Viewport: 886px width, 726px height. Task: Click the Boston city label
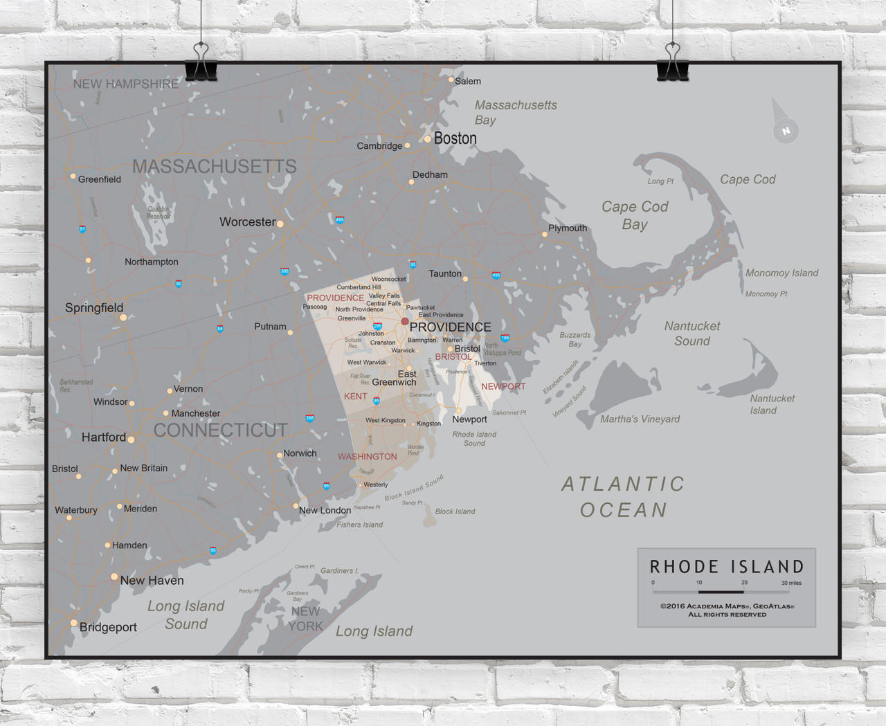[x=455, y=138]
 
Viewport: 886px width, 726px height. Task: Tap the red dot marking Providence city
[x=405, y=321]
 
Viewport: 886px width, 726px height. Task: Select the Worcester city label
[x=247, y=222]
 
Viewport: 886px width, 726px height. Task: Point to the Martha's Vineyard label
[x=640, y=419]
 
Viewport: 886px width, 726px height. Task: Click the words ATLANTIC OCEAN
[x=623, y=497]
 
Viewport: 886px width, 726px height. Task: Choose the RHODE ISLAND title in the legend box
[x=727, y=567]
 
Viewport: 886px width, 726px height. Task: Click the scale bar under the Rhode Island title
[x=721, y=592]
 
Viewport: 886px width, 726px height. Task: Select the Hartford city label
[x=104, y=437]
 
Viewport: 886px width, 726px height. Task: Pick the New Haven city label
[x=152, y=581]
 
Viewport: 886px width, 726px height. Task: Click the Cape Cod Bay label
[x=635, y=215]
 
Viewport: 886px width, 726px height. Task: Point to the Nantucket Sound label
[x=692, y=334]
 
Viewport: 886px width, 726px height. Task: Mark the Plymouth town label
[x=568, y=228]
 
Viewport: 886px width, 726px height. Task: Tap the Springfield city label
[x=94, y=308]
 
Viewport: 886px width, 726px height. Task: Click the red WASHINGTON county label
[x=368, y=457]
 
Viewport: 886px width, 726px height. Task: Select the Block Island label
[x=455, y=511]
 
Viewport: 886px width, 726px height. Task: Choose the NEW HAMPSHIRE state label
[x=126, y=84]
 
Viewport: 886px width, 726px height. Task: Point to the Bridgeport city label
[x=108, y=627]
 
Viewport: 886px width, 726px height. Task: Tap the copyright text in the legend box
[x=727, y=610]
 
